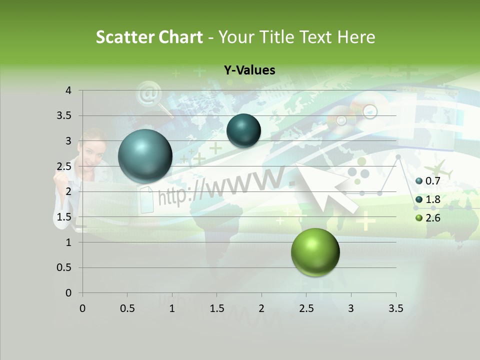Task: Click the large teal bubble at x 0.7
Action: (x=145, y=156)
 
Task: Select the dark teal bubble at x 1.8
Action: (x=243, y=130)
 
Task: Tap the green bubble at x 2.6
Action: (x=315, y=252)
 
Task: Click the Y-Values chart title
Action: (x=249, y=70)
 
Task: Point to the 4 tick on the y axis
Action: (x=68, y=90)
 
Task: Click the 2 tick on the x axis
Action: (x=261, y=308)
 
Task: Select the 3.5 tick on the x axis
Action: (x=395, y=308)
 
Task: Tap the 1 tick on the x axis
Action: (x=172, y=308)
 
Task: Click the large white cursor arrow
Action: (x=325, y=187)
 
